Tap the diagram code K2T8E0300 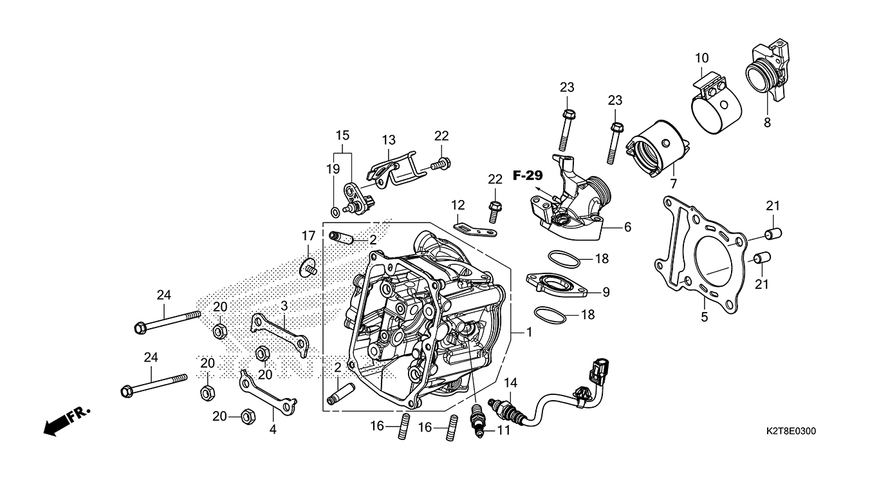(x=791, y=432)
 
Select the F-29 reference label (x=528, y=175)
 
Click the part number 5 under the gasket (x=704, y=316)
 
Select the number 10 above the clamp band (x=701, y=59)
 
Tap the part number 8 (x=767, y=122)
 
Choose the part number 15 (x=342, y=136)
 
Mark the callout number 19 (x=332, y=169)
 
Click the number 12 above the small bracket (x=458, y=205)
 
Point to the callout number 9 (x=606, y=292)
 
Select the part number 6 (x=627, y=227)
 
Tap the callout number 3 (x=284, y=306)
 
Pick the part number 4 (x=273, y=429)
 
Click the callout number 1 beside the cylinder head (x=529, y=333)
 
